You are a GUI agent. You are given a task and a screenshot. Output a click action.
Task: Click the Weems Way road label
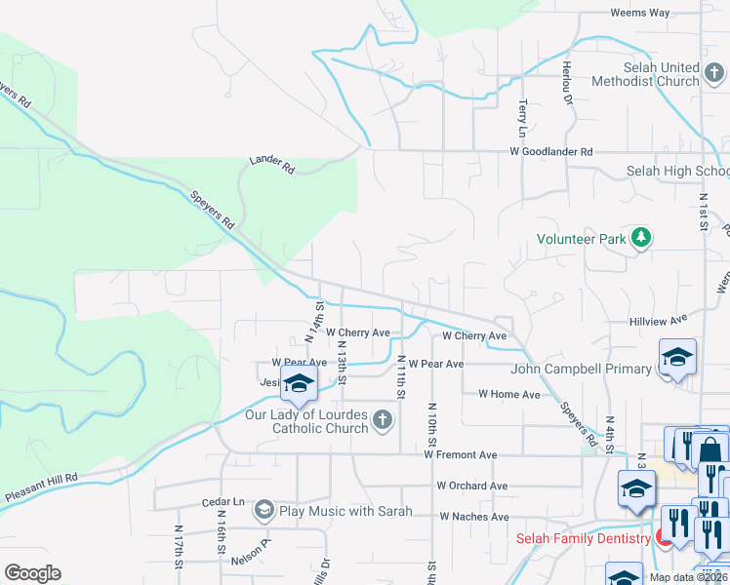tap(639, 13)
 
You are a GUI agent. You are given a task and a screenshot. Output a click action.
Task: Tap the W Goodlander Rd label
tap(551, 152)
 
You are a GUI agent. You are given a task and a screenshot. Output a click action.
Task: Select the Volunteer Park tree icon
tap(641, 237)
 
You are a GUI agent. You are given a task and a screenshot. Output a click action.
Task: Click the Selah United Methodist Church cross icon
tap(715, 74)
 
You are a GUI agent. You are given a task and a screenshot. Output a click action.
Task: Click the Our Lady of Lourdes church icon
tap(383, 421)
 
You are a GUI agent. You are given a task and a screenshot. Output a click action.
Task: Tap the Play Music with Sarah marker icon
tap(264, 510)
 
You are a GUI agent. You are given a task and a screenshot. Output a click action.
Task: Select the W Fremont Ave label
tap(461, 454)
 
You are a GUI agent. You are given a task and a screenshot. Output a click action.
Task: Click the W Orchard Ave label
tap(472, 486)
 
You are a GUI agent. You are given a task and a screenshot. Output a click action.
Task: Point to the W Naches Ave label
tap(474, 517)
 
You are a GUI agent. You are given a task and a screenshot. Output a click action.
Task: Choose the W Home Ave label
tap(508, 395)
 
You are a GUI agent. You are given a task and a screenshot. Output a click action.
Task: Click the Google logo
tap(32, 573)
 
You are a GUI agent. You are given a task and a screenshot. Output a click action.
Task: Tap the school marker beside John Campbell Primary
tap(677, 357)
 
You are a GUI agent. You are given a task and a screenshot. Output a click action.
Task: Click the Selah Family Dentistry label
tap(583, 538)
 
